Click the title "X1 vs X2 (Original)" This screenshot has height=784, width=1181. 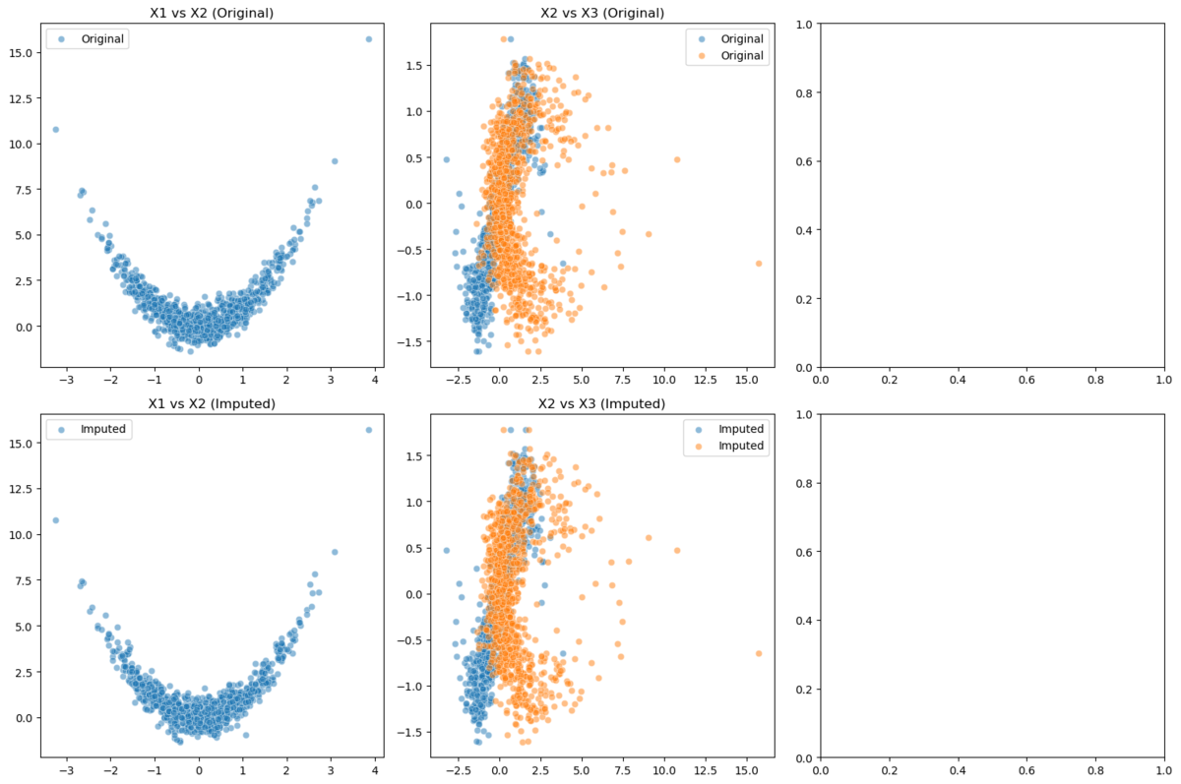[x=212, y=13]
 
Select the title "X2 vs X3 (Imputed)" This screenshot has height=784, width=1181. [x=602, y=403]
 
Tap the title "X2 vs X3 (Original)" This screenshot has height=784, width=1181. [x=602, y=13]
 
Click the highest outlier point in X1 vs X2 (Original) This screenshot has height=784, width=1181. [x=369, y=39]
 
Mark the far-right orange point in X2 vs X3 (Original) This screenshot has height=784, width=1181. [x=759, y=263]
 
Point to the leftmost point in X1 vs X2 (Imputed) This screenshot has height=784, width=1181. [x=55, y=520]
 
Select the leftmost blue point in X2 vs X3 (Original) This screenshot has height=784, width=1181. [x=446, y=159]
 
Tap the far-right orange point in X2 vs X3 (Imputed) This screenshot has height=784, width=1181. [x=759, y=653]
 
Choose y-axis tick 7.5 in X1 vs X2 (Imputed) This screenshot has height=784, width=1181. [x=24, y=580]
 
